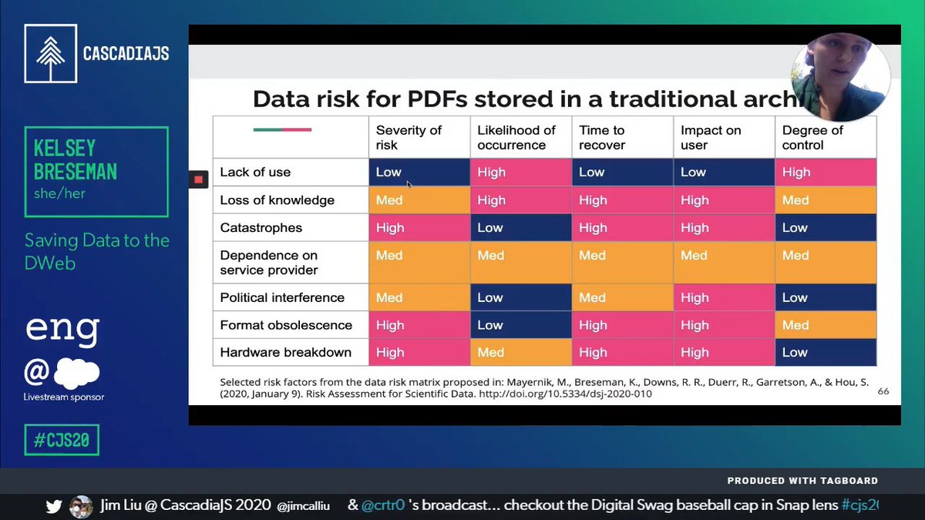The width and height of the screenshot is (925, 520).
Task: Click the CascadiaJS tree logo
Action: coord(50,54)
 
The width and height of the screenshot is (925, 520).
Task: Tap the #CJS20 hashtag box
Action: coord(62,440)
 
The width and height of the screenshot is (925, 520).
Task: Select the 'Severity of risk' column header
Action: coord(419,137)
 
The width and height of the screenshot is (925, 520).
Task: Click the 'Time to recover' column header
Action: coord(622,137)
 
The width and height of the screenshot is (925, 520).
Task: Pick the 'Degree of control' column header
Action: coord(826,137)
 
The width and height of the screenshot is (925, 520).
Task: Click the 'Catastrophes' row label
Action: coord(261,228)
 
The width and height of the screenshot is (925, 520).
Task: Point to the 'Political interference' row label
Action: coord(282,297)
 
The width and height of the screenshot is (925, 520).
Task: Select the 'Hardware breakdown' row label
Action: coord(285,352)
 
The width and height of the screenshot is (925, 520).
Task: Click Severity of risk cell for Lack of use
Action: coord(419,173)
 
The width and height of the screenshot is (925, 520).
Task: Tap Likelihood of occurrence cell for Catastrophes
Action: coord(521,228)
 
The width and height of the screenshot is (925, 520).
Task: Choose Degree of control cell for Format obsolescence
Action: coord(826,325)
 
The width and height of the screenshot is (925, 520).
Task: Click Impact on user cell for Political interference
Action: coord(724,297)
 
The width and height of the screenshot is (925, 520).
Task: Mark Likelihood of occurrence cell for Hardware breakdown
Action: coord(521,352)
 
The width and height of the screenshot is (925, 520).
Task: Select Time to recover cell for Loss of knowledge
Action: coord(622,200)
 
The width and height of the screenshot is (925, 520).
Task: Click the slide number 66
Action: coord(883,391)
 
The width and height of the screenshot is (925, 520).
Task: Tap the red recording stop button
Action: coord(198,179)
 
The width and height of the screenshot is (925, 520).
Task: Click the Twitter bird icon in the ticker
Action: coord(54,506)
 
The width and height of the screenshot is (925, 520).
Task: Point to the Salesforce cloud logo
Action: coord(76,374)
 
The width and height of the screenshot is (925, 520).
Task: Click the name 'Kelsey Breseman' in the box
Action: coord(76,159)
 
